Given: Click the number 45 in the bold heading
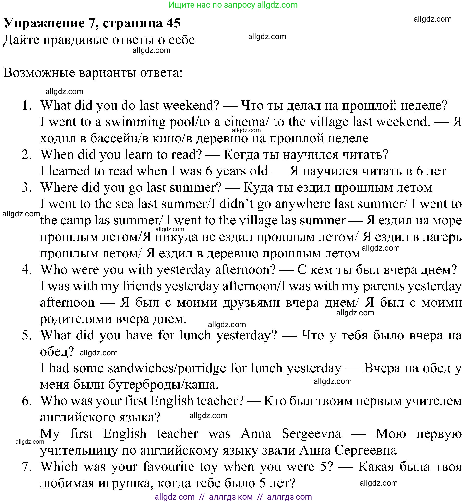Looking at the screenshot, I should click(x=173, y=23).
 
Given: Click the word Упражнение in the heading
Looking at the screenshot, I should click(x=45, y=23).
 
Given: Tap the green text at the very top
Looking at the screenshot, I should click(x=233, y=5).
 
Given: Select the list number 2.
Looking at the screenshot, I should click(x=27, y=155).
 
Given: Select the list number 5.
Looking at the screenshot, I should click(x=27, y=336).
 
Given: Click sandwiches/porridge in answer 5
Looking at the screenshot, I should click(x=167, y=368).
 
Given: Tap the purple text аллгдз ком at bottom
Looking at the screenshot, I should click(x=231, y=497).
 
